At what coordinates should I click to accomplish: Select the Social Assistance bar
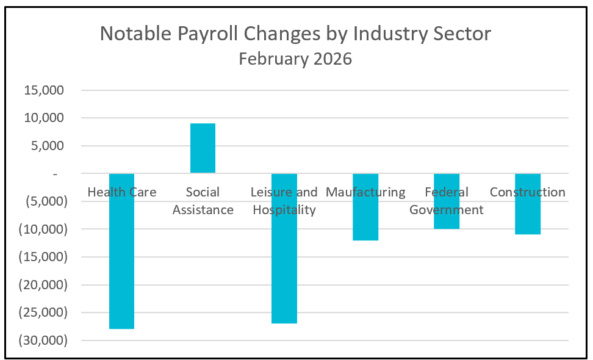click(203, 148)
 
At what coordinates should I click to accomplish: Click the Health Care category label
click(121, 192)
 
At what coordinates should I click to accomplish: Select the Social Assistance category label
click(203, 201)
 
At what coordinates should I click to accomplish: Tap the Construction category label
click(528, 192)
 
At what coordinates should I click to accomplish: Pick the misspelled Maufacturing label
click(365, 192)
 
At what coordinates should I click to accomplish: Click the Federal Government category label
click(447, 201)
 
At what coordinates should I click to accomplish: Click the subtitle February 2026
click(295, 59)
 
